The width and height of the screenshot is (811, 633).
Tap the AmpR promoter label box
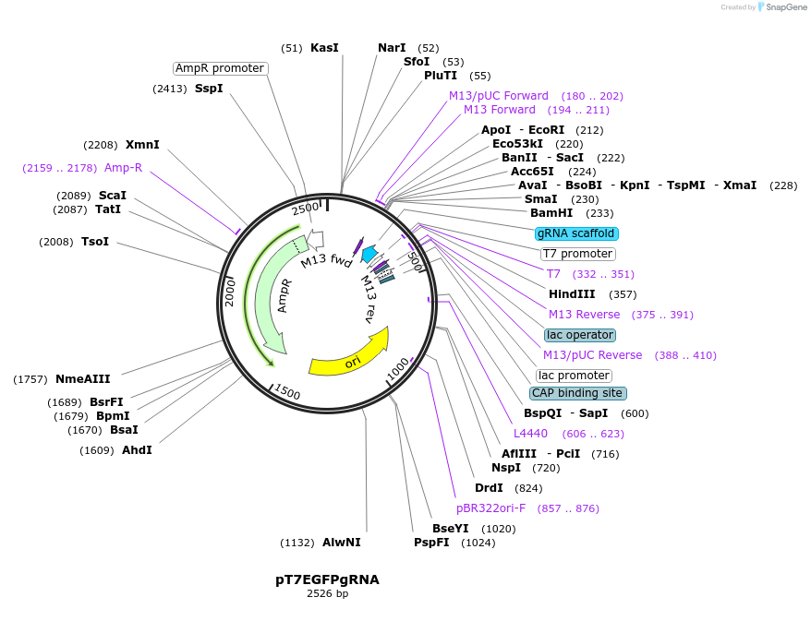(x=220, y=68)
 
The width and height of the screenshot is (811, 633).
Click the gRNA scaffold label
(x=576, y=233)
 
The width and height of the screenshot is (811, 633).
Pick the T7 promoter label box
(x=577, y=254)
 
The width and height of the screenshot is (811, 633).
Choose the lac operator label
(x=579, y=335)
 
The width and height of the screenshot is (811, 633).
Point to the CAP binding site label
(x=577, y=393)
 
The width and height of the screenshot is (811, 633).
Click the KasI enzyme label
(x=324, y=47)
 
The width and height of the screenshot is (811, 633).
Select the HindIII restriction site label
(x=572, y=294)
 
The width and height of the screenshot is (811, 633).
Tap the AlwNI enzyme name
(x=342, y=542)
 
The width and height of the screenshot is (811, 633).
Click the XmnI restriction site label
(x=142, y=145)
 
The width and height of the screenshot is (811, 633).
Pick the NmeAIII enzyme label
(x=82, y=379)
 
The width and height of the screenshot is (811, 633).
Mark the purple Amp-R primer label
(x=123, y=168)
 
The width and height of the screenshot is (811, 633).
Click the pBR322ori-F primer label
(x=490, y=508)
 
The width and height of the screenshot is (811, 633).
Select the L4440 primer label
(x=530, y=434)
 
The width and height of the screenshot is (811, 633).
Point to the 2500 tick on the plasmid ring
(x=305, y=209)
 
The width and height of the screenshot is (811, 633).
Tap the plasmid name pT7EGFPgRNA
(x=327, y=579)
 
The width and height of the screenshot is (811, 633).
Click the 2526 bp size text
(x=327, y=594)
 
